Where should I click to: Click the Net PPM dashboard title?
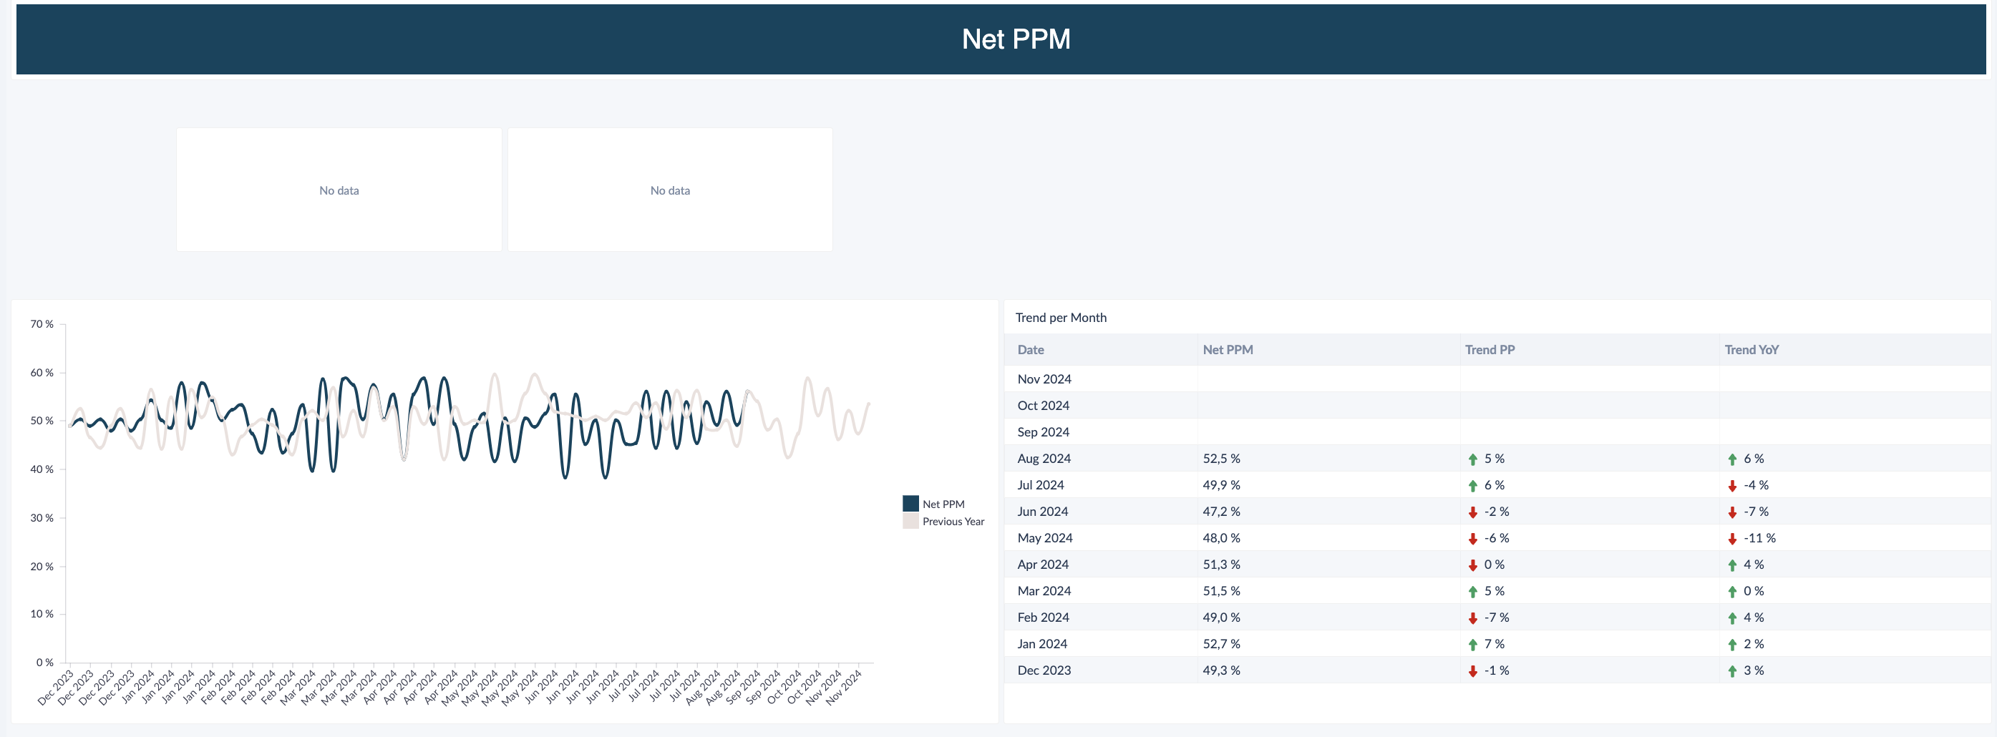(x=1016, y=39)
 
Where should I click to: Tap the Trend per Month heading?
(x=1061, y=318)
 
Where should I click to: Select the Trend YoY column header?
(x=1751, y=349)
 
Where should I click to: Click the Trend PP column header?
(x=1490, y=349)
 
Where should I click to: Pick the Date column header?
(x=1030, y=349)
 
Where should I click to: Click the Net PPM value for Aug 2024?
(x=1221, y=459)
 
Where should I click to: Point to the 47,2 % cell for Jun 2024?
(x=1221, y=512)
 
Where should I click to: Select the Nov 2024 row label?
(x=1044, y=379)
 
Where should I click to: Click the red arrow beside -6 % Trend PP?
(x=1473, y=539)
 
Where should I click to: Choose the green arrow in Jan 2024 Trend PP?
(x=1473, y=645)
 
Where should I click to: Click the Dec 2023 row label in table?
(x=1044, y=670)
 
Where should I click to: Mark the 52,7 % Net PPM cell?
(x=1221, y=644)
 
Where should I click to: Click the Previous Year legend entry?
(x=953, y=522)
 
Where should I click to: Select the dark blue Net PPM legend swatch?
(x=911, y=504)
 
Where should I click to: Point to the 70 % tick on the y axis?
(x=42, y=324)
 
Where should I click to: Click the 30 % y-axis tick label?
(x=42, y=517)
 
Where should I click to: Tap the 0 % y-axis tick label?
(x=45, y=663)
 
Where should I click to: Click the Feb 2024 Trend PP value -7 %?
(x=1496, y=618)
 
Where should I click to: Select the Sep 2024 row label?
(x=1044, y=431)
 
